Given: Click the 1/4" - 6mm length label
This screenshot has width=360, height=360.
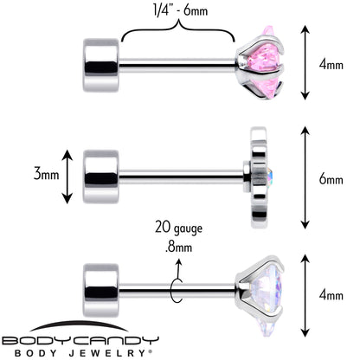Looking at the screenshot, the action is click(x=180, y=10).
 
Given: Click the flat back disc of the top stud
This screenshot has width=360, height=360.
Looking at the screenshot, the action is click(x=101, y=65).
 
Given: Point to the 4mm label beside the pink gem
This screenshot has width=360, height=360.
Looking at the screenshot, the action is click(x=331, y=64).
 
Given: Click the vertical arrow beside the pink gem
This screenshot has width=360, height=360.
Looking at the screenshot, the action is click(x=305, y=62).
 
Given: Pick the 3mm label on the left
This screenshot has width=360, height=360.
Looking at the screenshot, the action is click(x=47, y=174).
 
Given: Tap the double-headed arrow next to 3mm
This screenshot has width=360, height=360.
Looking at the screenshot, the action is click(x=67, y=177).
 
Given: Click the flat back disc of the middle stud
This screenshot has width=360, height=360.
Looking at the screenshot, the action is click(x=101, y=177).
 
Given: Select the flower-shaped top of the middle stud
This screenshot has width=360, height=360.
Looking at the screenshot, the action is click(x=259, y=177).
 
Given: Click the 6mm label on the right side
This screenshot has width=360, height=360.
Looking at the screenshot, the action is click(x=331, y=179).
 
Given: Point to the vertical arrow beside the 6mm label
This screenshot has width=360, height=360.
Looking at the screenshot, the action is click(x=305, y=177).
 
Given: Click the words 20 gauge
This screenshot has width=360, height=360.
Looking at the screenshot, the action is click(x=178, y=228).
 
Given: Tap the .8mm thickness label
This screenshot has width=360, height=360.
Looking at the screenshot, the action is click(x=179, y=247).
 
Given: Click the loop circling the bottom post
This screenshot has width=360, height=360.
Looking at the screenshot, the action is click(x=177, y=291).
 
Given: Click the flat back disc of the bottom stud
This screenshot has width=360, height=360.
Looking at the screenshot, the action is click(x=101, y=290).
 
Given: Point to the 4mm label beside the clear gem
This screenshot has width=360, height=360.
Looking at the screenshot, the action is click(x=331, y=295).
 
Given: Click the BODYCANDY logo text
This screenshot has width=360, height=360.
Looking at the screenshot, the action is click(x=80, y=341).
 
